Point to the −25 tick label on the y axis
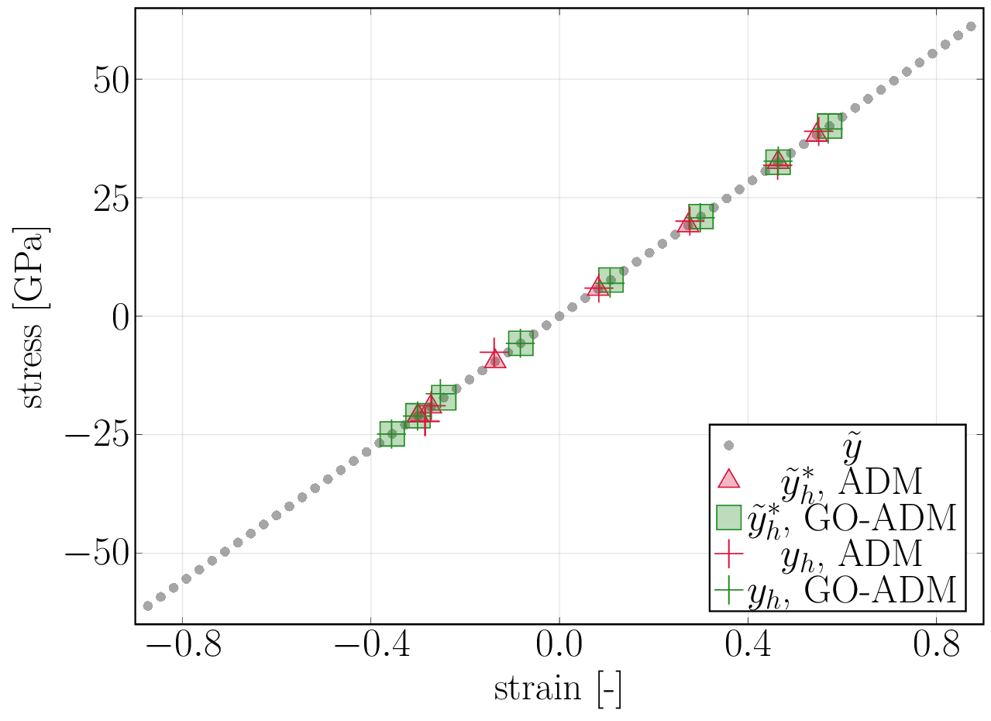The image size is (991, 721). click(x=97, y=435)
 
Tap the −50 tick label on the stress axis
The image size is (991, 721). click(x=97, y=554)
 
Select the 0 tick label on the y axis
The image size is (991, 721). click(x=121, y=316)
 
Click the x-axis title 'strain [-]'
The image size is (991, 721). click(x=557, y=689)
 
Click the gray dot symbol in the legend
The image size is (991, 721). click(x=728, y=446)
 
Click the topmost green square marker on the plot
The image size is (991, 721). click(x=829, y=126)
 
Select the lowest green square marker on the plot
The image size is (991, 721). click(x=392, y=434)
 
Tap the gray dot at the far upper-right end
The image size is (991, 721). click(x=971, y=26)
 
